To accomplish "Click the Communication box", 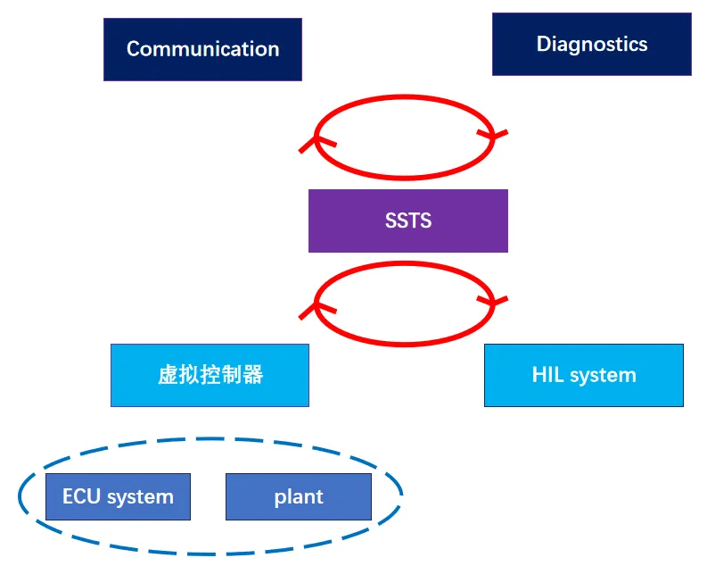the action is [x=202, y=50].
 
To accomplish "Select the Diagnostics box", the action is [x=592, y=45].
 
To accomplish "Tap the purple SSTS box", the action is [x=408, y=221].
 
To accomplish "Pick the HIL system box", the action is [x=584, y=376].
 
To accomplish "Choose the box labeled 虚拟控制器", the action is [x=210, y=376].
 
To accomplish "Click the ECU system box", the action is [x=119, y=496].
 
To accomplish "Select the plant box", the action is [x=299, y=496].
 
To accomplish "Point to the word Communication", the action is [x=203, y=49].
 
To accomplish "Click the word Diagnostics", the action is [x=592, y=45].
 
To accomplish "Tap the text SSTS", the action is [x=408, y=221].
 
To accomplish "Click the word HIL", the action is [x=547, y=375].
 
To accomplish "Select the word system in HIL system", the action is [x=603, y=376].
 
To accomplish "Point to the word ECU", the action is [x=81, y=496].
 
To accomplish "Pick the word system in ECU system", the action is [x=140, y=498].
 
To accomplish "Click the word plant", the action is [x=299, y=497].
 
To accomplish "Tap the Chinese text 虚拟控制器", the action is [x=210, y=375].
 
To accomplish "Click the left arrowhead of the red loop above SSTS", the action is [x=317, y=141].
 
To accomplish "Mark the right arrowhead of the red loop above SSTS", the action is [x=492, y=135].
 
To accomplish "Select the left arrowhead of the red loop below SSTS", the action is [x=317, y=308].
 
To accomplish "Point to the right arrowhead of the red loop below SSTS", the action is [x=492, y=301].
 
